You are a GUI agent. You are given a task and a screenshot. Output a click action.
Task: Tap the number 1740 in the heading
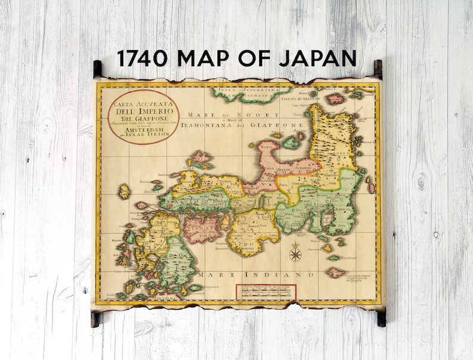click(x=144, y=58)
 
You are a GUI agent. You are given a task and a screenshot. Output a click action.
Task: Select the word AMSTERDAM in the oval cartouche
click(x=143, y=128)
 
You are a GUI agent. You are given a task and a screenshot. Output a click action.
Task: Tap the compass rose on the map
click(x=295, y=255)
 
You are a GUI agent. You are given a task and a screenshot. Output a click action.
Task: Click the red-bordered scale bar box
click(x=266, y=291)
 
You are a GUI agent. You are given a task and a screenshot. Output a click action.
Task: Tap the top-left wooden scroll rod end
click(x=97, y=69)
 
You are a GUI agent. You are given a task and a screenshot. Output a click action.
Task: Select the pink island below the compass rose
click(x=336, y=272)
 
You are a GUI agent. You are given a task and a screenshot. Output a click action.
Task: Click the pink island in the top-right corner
click(x=335, y=98)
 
